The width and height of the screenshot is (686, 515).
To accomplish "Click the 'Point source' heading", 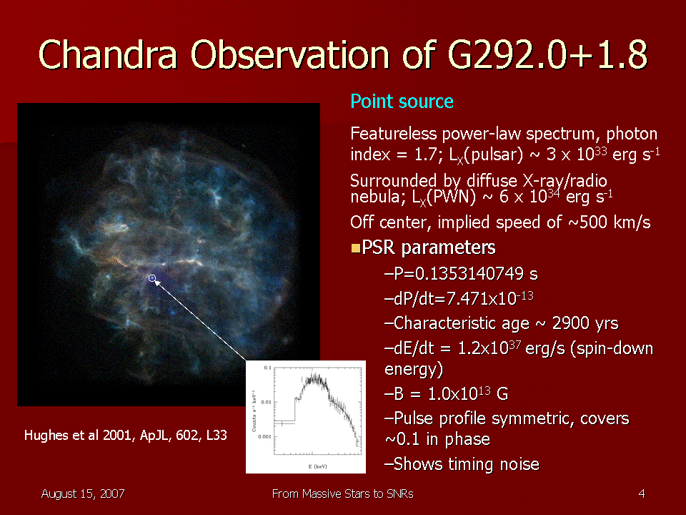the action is [402, 102].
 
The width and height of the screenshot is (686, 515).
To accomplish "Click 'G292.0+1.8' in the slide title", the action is [547, 54].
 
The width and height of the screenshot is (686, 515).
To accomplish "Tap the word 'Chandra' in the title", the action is [108, 54].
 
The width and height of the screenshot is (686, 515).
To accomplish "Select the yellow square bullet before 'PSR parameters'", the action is [356, 249].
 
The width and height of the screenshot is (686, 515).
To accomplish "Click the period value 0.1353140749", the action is [469, 274].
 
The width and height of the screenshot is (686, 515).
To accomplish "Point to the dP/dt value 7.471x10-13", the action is [489, 298].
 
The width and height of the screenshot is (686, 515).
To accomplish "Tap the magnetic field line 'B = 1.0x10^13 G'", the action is [446, 393].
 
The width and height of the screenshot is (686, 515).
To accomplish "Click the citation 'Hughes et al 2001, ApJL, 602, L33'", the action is [126, 436].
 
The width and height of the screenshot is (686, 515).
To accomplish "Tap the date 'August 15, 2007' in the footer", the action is [83, 494].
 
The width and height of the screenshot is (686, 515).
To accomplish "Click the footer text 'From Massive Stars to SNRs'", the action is [342, 494].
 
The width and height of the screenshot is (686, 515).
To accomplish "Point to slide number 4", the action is [642, 494].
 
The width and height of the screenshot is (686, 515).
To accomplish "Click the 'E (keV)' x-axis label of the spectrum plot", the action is [317, 466].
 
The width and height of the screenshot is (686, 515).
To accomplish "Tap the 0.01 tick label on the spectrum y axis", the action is [266, 402].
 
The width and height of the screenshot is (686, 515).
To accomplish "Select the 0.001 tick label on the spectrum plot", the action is [264, 436].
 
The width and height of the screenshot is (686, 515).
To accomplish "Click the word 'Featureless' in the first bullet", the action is [394, 134].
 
